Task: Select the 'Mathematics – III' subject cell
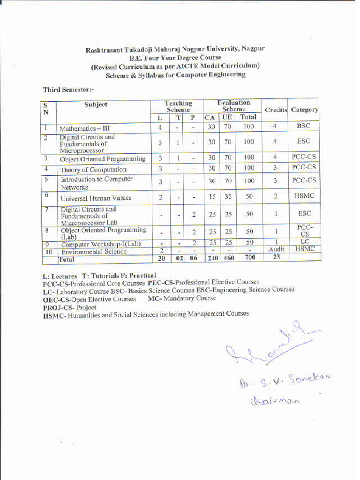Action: [x=84, y=128]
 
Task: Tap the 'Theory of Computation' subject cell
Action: [x=93, y=170]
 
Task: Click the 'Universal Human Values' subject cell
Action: [x=96, y=198]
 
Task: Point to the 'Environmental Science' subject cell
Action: [x=94, y=252]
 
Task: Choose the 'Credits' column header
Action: [x=276, y=110]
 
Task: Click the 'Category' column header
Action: [x=304, y=110]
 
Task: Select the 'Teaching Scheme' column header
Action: [x=178, y=106]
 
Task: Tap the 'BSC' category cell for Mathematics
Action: [x=304, y=126]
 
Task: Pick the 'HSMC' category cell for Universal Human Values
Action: [x=304, y=196]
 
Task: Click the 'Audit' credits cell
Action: [x=276, y=249]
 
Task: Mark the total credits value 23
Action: [x=276, y=257]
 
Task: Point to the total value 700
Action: [x=250, y=257]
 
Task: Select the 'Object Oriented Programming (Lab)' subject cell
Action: [x=103, y=233]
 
